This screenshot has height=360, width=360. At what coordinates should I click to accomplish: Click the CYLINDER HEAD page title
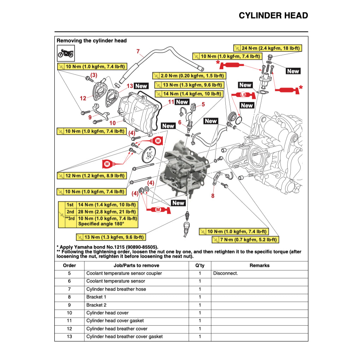273,16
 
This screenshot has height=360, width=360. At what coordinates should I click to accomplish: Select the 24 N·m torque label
267,48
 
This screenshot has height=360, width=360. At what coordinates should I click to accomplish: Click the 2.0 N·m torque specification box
188,76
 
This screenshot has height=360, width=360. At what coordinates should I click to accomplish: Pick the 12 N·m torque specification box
91,176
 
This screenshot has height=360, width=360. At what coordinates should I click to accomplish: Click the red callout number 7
138,51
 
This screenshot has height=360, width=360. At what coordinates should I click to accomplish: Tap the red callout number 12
83,99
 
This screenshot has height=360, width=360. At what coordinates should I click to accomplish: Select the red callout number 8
213,196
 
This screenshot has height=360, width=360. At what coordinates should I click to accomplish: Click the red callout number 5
203,104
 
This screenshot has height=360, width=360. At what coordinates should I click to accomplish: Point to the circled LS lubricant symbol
243,95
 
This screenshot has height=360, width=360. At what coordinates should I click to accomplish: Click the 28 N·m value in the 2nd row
107,212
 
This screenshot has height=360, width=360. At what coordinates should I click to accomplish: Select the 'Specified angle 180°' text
101,224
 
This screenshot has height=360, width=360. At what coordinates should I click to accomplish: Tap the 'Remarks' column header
259,266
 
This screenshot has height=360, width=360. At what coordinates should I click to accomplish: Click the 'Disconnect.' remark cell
225,273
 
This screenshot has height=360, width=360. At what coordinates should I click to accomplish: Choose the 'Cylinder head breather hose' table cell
116,289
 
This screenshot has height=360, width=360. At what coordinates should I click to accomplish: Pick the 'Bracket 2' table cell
96,305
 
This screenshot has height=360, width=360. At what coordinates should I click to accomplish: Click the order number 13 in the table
69,337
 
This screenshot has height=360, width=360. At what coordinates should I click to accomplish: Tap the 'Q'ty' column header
200,266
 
